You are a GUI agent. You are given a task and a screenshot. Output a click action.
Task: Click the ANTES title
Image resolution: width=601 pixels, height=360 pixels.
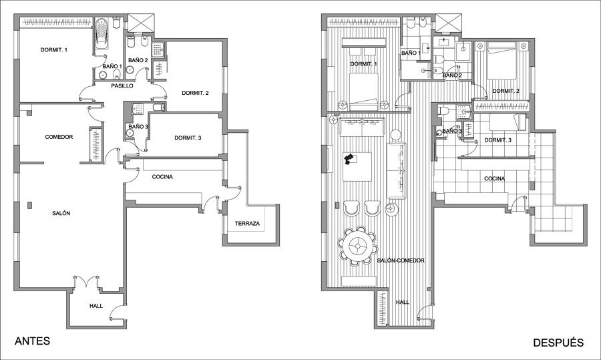pos(32,341)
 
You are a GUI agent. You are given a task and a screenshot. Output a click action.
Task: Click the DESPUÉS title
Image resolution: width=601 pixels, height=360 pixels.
pos(558,343)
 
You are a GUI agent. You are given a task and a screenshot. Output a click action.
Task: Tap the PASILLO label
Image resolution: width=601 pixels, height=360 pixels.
pos(122,86)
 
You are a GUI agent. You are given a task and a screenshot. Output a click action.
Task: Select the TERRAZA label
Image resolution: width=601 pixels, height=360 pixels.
pos(247,223)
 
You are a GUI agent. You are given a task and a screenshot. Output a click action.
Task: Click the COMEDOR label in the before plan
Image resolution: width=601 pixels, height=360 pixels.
pos(59,137)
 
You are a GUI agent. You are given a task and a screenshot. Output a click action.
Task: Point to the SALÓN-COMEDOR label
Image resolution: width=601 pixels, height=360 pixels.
pos(401,260)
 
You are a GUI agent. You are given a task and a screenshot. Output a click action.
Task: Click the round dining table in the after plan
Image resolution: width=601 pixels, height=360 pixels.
pos(358,246)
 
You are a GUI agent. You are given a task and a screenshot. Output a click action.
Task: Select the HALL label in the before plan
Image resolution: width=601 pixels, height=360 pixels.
pos(96,306)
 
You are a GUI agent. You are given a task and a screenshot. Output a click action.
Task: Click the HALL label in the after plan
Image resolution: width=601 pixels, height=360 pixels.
pos(403,302)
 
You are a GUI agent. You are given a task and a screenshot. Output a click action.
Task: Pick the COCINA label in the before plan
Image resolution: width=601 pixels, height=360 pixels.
pos(162,177)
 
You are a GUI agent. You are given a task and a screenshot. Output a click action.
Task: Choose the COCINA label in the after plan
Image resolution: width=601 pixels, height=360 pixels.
pos(494,178)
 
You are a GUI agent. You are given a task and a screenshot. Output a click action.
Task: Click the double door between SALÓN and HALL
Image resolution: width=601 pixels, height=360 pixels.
pos(86,281)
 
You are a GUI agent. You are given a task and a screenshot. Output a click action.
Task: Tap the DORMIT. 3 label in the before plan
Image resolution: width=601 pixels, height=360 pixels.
pos(188,138)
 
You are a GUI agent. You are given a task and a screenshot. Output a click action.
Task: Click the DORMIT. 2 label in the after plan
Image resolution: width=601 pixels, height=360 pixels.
pos(506,91)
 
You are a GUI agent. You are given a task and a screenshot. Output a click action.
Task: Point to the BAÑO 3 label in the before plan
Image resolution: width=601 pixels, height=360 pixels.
pos(138,126)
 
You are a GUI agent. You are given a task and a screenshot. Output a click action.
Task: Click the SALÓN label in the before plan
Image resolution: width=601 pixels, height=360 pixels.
pos(61,213)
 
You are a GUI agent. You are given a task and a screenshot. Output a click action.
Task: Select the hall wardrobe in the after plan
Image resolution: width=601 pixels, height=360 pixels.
pos(383,309)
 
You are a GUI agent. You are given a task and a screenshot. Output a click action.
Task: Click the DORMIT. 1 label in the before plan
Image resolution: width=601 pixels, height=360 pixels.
pos(54,50)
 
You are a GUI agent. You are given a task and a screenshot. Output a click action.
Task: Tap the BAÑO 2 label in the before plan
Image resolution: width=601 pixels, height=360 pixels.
pos(138,60)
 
